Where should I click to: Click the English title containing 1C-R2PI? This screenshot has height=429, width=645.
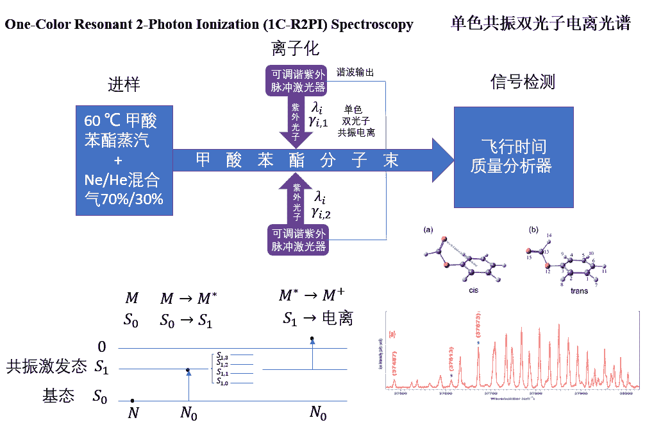coord(208,25)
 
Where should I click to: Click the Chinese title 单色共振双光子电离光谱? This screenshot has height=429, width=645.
coord(540,24)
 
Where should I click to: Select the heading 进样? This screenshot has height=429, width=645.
coord(124,85)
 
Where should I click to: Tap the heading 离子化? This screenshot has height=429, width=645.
coord(295,49)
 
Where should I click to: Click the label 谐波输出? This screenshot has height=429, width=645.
coord(355,72)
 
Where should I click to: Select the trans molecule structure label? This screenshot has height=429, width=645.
coord(579,290)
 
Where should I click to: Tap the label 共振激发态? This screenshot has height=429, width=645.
coord(46,367)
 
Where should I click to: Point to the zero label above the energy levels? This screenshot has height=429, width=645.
coord(101,347)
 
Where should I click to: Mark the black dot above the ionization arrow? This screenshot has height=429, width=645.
coord(312,338)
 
